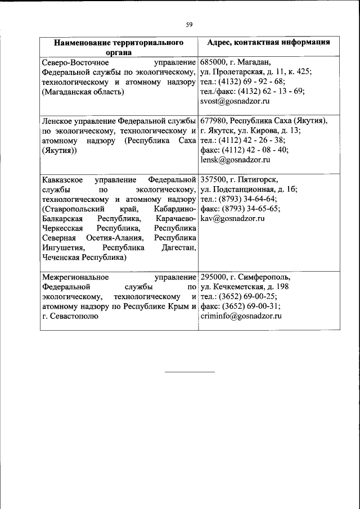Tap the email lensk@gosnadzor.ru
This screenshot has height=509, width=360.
[x=235, y=160]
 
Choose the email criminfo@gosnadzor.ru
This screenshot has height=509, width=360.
[x=241, y=316]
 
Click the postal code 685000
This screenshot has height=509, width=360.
[x=213, y=62]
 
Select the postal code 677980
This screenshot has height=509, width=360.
[x=213, y=121]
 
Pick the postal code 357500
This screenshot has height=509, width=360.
[x=213, y=179]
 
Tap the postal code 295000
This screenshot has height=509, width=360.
[x=213, y=277]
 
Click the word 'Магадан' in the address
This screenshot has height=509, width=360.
[x=255, y=62]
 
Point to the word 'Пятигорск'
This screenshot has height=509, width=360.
[x=258, y=179]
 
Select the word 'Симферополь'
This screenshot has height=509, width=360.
[x=264, y=277]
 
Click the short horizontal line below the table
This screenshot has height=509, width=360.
[x=190, y=372]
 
